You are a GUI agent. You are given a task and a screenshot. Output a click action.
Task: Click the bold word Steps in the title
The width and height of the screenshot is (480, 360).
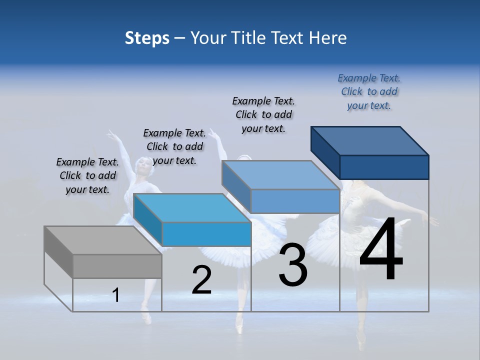click(147, 38)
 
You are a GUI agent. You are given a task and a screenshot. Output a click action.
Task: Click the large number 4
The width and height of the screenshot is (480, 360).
click(381, 249)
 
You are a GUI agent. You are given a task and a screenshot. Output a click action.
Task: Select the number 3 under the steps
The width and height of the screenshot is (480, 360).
click(293, 265)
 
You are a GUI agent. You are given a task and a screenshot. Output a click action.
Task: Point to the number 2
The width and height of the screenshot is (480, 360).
click(201, 280)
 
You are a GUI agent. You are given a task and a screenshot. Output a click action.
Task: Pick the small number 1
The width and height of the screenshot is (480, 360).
click(116, 295)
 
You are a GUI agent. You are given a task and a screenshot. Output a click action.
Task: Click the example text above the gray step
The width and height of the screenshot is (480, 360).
click(87, 175)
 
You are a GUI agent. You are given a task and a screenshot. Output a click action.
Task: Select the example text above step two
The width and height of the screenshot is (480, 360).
click(174, 146)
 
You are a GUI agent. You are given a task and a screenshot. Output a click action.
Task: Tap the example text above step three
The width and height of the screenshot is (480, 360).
click(263, 114)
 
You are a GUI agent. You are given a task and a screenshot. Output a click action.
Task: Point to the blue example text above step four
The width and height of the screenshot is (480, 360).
click(369, 91)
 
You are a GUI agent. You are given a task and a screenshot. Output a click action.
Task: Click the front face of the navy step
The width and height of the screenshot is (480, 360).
click(384, 167)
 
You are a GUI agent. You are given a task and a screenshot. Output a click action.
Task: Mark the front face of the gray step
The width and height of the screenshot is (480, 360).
click(117, 266)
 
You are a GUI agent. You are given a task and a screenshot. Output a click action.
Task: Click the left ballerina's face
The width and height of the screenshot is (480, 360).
click(143, 163)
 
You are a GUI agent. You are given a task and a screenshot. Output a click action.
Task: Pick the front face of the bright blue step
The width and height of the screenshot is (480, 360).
click(206, 234)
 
